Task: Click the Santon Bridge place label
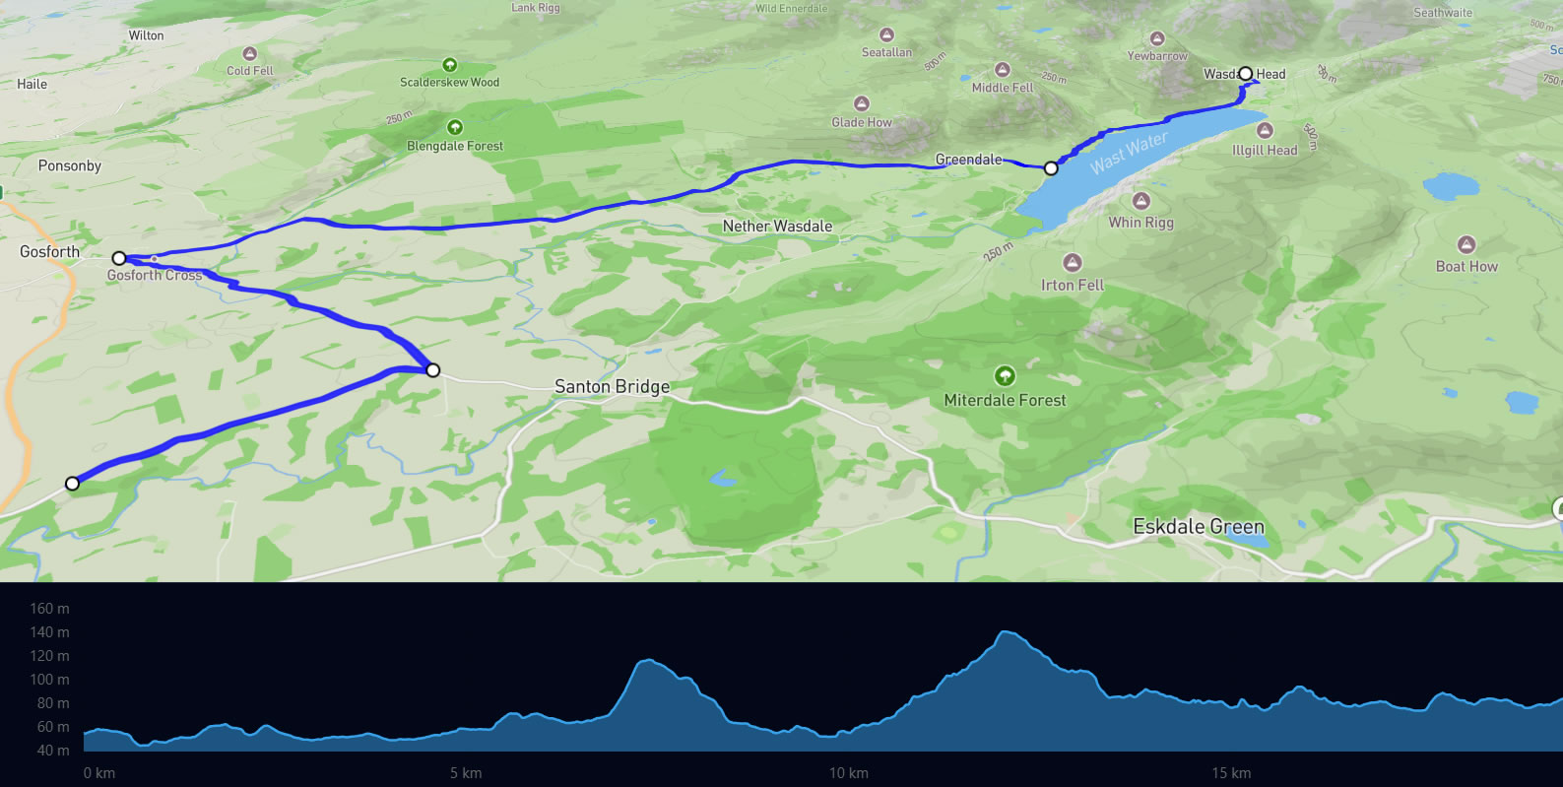pos(612,387)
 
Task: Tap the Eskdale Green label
pos(1198,527)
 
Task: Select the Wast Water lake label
pos(1129,153)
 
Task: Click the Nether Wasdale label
pos(777,227)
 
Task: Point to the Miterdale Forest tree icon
pos(1005,376)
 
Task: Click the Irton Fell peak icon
pos(1073,263)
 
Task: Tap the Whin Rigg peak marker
pos(1140,201)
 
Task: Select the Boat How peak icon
pos(1466,244)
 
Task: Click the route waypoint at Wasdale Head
pos(1246,73)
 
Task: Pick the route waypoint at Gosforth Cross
pos(119,258)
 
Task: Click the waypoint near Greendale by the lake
pos(1051,168)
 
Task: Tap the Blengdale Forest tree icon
pos(455,127)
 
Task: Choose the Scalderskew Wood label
pos(449,83)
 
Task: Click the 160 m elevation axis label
pos(49,609)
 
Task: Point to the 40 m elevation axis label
pos(53,751)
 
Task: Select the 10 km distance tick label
pos(848,773)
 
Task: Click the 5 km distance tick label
pos(466,773)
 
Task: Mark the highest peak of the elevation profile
pos(1005,631)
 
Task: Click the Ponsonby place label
pos(69,165)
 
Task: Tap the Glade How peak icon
pos(862,103)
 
